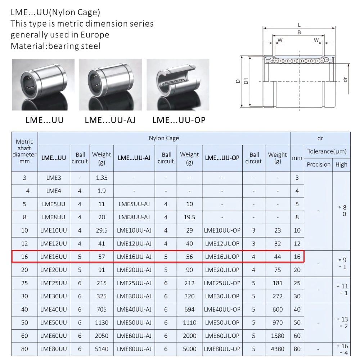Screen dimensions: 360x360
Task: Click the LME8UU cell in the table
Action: (x=54, y=217)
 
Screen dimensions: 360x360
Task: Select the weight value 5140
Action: (x=102, y=349)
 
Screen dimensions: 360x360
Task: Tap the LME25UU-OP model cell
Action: (x=222, y=283)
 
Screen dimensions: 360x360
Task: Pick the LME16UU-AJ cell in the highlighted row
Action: (x=134, y=257)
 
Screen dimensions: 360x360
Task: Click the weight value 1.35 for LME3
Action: (x=102, y=177)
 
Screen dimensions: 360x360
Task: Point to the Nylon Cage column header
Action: (x=164, y=138)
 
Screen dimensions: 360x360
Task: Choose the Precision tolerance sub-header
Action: (x=319, y=165)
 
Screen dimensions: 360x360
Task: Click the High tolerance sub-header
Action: (x=341, y=165)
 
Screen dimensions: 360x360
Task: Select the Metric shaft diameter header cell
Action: (x=24, y=152)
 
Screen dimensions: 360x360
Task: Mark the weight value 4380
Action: (x=278, y=349)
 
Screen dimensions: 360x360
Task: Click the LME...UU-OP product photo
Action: (x=177, y=85)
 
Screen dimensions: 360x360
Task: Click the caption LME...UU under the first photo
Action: (x=44, y=120)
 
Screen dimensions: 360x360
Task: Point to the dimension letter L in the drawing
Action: (x=299, y=25)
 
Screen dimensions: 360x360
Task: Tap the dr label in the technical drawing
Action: (x=345, y=79)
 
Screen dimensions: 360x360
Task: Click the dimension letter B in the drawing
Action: (x=299, y=32)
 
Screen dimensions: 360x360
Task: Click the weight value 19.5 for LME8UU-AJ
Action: (x=189, y=217)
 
